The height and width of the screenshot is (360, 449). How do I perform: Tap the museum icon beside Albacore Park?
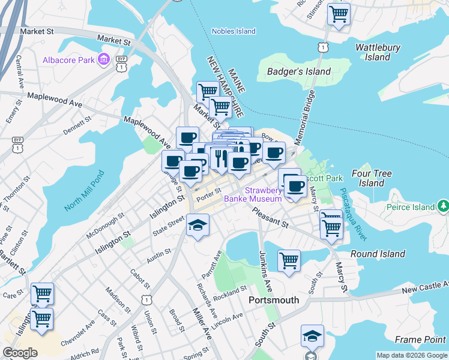pos(104,60)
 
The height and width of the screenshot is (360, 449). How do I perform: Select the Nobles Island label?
pos(234,31)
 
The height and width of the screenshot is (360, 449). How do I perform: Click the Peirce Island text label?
pos(411,207)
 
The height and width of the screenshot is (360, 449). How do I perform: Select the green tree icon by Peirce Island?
pos(443,207)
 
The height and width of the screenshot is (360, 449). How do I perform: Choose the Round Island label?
pos(378,254)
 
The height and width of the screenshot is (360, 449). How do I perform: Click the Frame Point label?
pos(420,340)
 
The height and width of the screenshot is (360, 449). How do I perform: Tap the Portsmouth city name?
pos(274,300)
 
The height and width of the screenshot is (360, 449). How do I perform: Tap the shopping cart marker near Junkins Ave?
pos(289,261)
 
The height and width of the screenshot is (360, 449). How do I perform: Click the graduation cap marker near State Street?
pos(197,226)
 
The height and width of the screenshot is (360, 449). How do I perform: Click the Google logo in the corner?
pos(20,353)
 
